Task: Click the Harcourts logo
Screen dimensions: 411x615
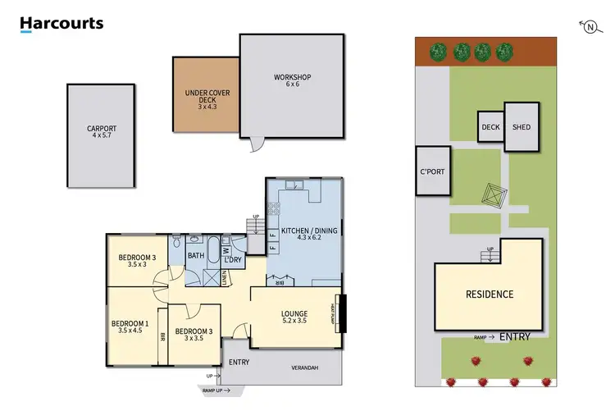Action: tap(61, 24)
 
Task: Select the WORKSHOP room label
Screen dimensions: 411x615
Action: tap(293, 80)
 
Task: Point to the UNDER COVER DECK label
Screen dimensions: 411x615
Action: tap(202, 98)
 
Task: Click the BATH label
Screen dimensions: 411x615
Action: tap(195, 255)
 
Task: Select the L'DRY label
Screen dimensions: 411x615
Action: tap(233, 260)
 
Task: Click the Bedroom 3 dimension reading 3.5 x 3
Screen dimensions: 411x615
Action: tap(132, 264)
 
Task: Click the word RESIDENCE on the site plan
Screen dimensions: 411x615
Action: tap(490, 295)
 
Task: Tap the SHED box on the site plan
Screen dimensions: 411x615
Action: tap(522, 127)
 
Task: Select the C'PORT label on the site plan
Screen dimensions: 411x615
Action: tap(432, 172)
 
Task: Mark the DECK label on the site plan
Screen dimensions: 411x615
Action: tap(490, 127)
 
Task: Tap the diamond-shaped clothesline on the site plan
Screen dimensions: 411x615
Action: tap(490, 199)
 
